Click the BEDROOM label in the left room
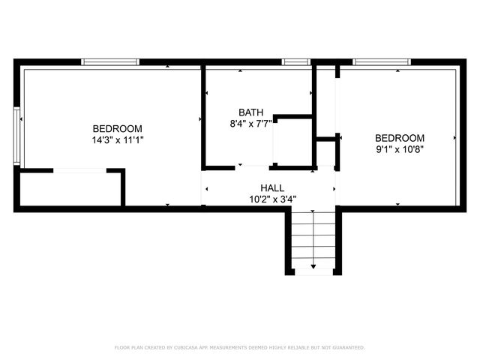117,128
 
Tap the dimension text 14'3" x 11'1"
117,139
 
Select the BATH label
251,112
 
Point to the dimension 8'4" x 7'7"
251,124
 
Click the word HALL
272,187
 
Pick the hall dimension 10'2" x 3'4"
272,199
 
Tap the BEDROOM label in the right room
400,138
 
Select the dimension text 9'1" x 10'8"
400,149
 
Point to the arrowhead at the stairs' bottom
313,267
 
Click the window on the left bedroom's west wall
16,135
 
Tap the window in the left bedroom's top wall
110,61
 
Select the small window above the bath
296,61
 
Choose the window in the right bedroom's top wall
380,61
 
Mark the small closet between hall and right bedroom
325,154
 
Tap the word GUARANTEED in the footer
346,348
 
